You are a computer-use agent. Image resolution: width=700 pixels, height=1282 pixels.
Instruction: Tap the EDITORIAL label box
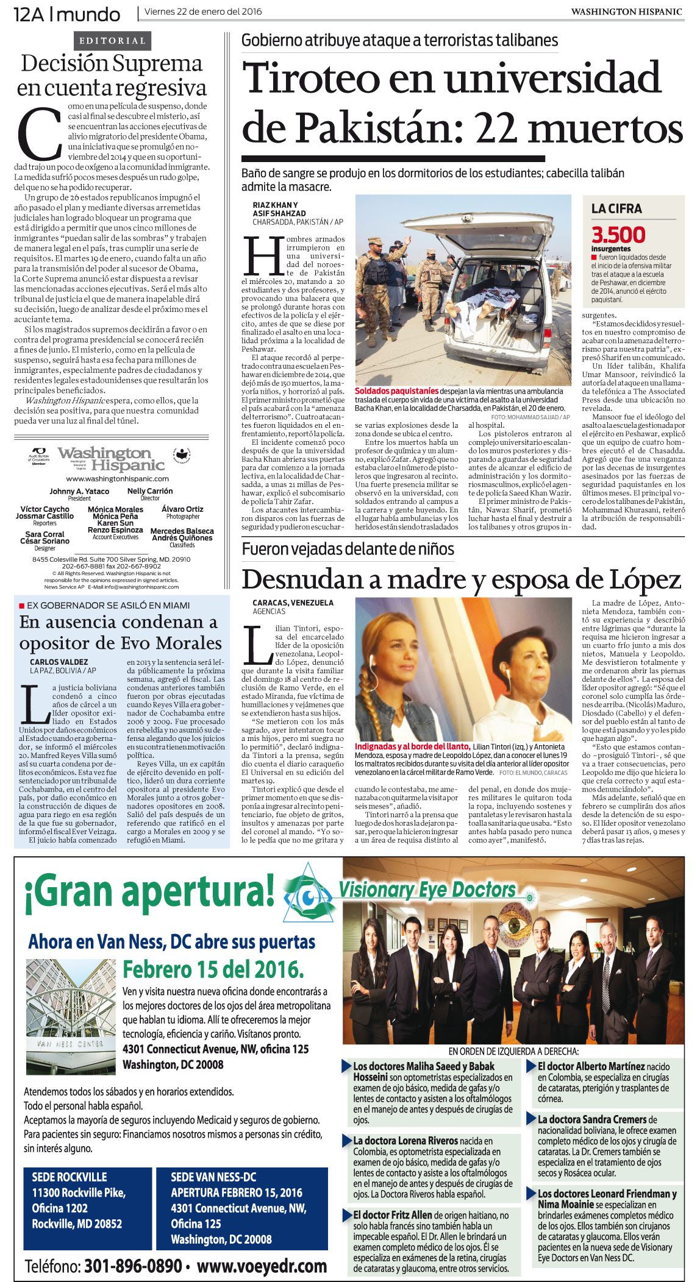point(112,41)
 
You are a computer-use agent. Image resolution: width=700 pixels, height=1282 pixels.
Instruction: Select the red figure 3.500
point(618,235)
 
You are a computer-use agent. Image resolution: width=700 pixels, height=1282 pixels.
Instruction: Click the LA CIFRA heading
point(616,208)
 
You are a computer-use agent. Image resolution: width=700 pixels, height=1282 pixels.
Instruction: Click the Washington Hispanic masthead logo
point(112,459)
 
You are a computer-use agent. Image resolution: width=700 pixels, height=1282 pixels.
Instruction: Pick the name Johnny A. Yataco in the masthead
point(79,491)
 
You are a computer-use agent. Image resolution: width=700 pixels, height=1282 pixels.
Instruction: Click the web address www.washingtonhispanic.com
point(112,478)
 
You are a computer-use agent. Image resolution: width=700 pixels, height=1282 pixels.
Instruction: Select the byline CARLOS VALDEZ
point(59,662)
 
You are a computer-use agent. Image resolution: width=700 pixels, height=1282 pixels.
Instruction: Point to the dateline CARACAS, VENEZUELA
point(293,603)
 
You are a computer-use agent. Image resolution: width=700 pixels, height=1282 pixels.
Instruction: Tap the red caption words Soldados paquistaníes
point(396,391)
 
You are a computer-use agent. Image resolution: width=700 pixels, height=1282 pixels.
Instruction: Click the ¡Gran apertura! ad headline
point(149,892)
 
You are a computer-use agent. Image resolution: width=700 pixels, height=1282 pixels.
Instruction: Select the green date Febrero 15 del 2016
point(213,969)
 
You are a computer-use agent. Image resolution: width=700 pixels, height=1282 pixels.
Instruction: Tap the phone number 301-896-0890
point(133,1266)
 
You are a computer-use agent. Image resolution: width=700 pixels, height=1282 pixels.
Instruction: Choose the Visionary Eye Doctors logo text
point(427,890)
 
